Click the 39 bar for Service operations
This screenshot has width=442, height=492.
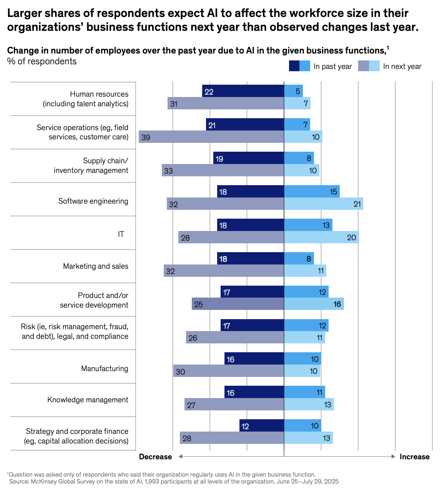(211, 137)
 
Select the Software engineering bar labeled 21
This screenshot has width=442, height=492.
(323, 204)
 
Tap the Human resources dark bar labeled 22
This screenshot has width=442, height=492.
(243, 91)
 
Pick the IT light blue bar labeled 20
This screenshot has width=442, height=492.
(321, 238)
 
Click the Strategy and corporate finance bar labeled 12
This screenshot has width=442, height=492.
(261, 426)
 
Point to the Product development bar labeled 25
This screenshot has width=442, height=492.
(238, 304)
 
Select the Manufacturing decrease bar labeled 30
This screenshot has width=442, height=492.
(228, 371)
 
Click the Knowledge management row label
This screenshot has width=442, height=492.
(88, 400)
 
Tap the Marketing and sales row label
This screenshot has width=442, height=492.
(96, 266)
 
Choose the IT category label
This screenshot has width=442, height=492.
(121, 234)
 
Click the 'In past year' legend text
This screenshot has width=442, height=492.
(332, 67)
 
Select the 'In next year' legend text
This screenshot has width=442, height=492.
(402, 67)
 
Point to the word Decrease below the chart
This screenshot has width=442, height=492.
(155, 457)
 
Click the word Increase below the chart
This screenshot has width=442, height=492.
(414, 457)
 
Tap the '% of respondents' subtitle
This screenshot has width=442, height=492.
(42, 62)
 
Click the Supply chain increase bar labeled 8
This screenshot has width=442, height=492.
(299, 158)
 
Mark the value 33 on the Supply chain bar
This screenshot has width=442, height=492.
(168, 171)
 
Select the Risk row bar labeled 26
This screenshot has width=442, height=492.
(235, 338)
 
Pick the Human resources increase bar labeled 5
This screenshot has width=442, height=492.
(293, 91)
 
